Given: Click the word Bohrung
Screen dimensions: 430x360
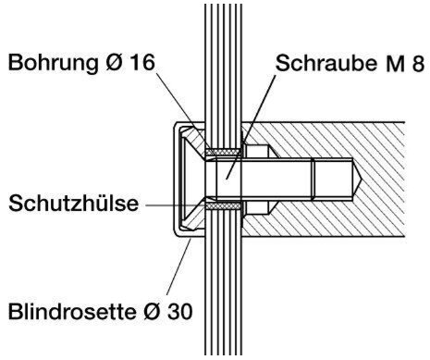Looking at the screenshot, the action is (53, 64).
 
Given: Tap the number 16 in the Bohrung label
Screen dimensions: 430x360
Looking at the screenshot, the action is (141, 63).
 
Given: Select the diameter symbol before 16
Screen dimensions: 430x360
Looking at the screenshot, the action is (114, 63).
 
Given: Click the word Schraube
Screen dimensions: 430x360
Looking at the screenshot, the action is (326, 63).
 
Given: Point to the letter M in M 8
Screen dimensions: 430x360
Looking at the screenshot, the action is (394, 64).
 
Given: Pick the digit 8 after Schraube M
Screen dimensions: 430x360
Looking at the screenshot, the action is (418, 64).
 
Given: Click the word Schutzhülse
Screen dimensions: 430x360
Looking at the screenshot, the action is (73, 203).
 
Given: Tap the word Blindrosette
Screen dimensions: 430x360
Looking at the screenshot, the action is (72, 311).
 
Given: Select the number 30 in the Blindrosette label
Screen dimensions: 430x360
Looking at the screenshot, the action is (180, 311).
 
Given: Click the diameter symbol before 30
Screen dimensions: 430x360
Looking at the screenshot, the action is (152, 311).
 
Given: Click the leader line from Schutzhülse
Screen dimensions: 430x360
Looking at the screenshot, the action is (176, 205).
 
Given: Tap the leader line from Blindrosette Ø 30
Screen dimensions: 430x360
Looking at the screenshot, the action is (178, 267).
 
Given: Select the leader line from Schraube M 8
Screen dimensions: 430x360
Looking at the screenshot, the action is (251, 127).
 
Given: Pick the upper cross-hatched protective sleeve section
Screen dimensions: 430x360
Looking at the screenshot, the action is (224, 152).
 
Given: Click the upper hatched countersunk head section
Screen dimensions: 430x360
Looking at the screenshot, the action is (194, 143).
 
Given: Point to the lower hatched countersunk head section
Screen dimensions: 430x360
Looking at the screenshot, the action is (194, 216).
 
